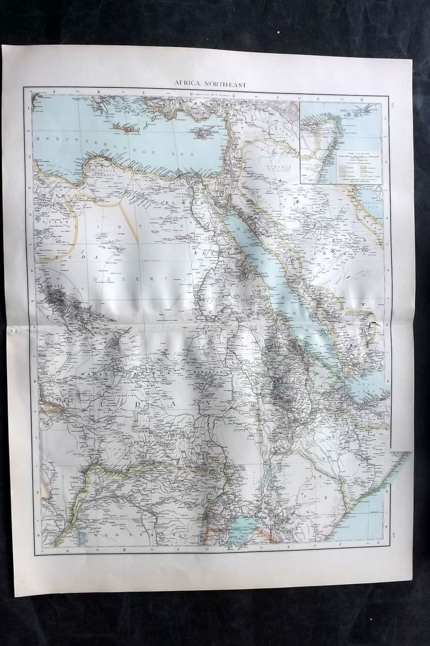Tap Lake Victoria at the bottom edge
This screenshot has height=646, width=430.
pos(242,524)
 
